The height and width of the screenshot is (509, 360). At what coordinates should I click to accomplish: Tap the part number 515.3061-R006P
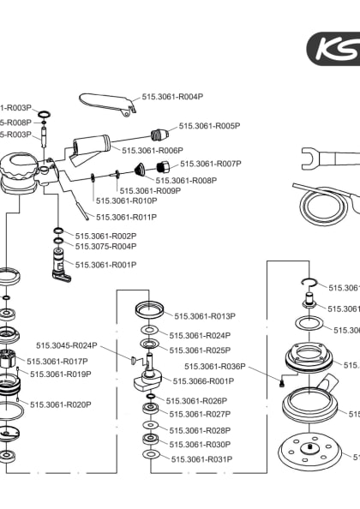click(x=153, y=150)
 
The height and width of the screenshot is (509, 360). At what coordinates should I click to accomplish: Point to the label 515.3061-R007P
click(x=210, y=163)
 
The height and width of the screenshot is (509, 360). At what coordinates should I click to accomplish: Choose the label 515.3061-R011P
click(x=126, y=217)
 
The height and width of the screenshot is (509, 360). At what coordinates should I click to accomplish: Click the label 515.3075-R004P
click(x=105, y=246)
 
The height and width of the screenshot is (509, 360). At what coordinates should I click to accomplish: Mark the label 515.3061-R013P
click(x=204, y=315)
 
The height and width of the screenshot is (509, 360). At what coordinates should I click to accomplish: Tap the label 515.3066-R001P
click(x=203, y=380)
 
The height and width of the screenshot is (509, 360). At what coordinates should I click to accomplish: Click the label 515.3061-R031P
click(x=201, y=458)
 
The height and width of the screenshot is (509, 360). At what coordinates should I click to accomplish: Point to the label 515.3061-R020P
click(x=60, y=404)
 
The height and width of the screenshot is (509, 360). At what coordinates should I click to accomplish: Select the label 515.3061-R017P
click(x=57, y=362)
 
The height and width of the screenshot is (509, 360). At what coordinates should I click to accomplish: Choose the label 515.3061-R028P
click(x=200, y=430)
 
